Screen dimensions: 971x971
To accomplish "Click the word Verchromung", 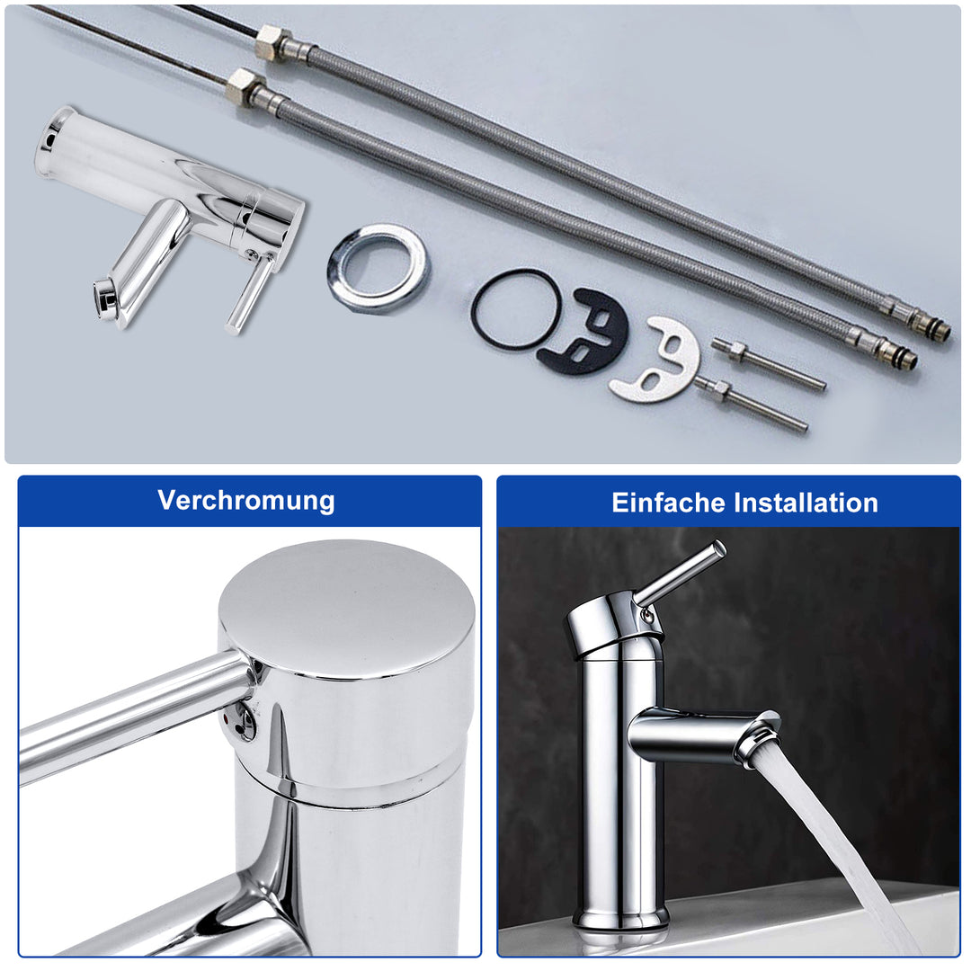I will pyautogui.click(x=246, y=500).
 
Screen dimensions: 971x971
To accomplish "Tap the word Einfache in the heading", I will pyautogui.click(x=666, y=502).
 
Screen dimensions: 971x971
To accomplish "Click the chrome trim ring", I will pyautogui.click(x=378, y=266).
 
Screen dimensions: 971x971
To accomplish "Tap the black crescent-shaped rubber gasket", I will pyautogui.click(x=584, y=333).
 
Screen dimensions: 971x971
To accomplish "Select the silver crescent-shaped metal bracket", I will pyautogui.click(x=656, y=361).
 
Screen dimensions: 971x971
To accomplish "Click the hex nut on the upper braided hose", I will pyautogui.click(x=270, y=41).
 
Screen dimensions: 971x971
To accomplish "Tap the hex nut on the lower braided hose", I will pyautogui.click(x=243, y=86).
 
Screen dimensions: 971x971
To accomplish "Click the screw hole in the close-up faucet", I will pyautogui.click(x=244, y=721).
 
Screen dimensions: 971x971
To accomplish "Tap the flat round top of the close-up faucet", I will pyautogui.click(x=346, y=607).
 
